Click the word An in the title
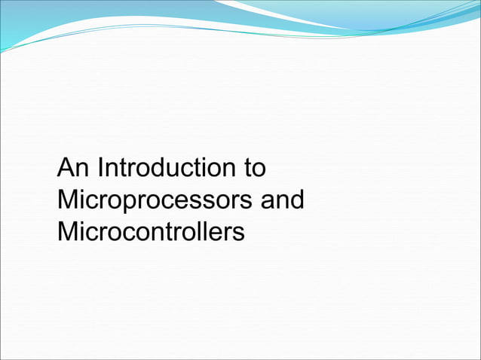point(72,167)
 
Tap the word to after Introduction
point(254,167)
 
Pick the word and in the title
point(281,200)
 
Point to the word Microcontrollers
point(151,232)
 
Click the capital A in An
point(66,167)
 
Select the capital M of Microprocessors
point(68,200)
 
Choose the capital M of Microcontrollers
point(68,232)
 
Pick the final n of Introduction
point(228,169)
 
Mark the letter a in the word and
point(266,202)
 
